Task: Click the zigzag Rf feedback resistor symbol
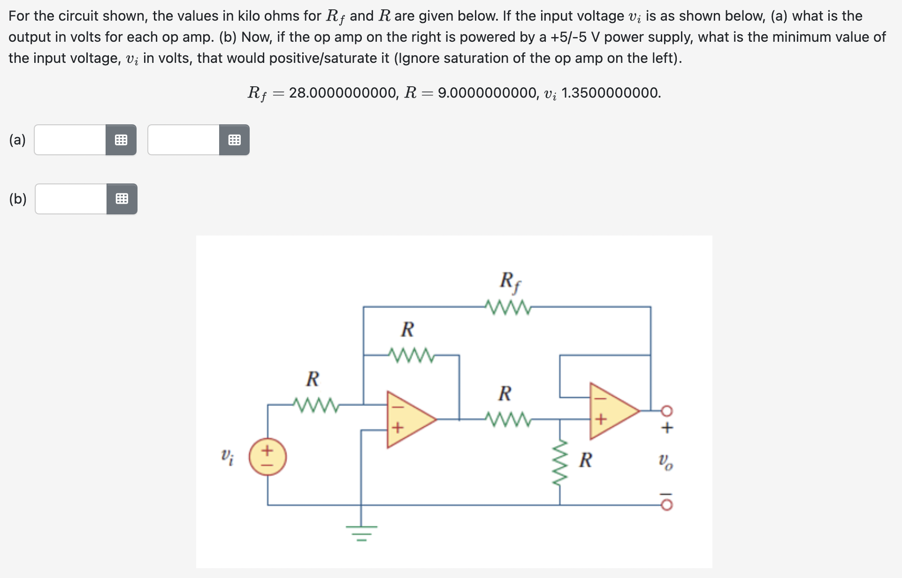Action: (508, 307)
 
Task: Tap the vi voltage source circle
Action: (268, 457)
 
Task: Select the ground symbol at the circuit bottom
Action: (361, 532)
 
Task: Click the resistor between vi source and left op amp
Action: (315, 404)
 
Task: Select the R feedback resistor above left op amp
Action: (411, 355)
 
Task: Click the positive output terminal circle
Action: (667, 411)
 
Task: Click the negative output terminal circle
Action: (667, 505)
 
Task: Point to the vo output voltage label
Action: (665, 462)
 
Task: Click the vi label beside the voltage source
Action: (227, 456)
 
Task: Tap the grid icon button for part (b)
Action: (122, 199)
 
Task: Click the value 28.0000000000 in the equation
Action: (344, 93)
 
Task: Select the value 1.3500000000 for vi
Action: (611, 93)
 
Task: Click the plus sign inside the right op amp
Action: (602, 419)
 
